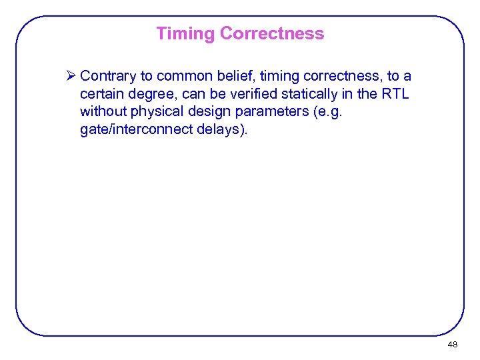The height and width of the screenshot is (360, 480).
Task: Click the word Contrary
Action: coord(109,77)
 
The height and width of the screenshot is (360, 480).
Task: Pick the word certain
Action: coord(101,94)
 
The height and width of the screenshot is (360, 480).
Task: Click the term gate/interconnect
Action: coord(136,129)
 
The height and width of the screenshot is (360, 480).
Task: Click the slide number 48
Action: coord(453,345)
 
